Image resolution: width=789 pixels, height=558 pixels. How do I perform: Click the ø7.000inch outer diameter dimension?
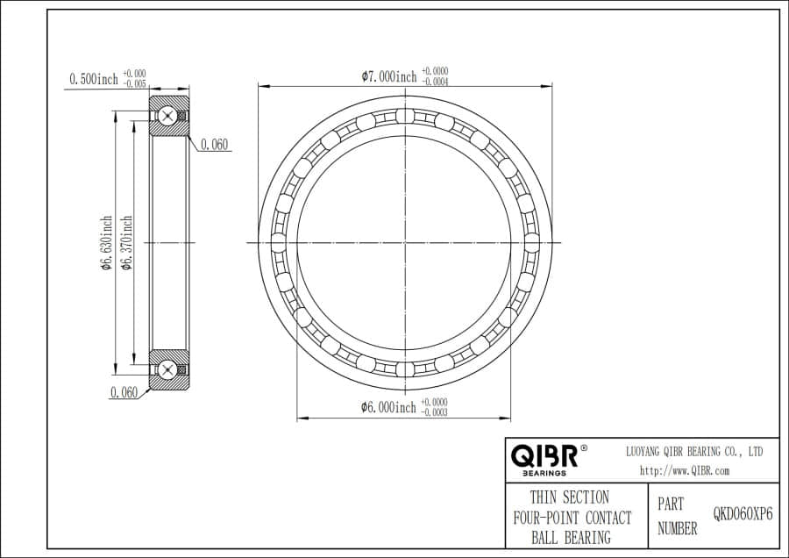point(389,76)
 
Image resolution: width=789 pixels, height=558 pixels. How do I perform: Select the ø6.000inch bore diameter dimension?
point(388,407)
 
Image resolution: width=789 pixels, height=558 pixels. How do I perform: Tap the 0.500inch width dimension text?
point(93,79)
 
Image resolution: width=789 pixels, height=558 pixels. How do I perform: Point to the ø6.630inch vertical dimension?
point(106,243)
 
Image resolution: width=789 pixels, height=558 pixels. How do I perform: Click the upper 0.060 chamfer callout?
point(215,145)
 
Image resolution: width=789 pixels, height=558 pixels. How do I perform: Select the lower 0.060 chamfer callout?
point(124,393)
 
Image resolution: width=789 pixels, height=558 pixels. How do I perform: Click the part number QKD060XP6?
point(743,515)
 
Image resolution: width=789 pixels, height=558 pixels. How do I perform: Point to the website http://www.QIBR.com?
point(684,470)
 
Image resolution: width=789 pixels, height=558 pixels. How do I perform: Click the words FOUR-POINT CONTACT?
point(571,518)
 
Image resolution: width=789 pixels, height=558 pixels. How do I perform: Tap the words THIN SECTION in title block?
point(569,497)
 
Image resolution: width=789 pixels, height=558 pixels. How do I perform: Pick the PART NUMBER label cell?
point(677,517)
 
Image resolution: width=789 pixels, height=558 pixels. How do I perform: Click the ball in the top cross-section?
point(167,117)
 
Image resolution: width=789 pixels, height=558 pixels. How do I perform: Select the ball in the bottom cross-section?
point(167,368)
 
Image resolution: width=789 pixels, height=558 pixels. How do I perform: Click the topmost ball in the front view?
point(404,116)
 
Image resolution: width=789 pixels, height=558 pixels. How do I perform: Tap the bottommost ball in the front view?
point(404,368)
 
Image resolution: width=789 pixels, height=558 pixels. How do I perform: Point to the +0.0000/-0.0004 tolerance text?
point(436,76)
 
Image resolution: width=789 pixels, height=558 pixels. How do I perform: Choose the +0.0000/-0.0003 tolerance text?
point(435,407)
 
